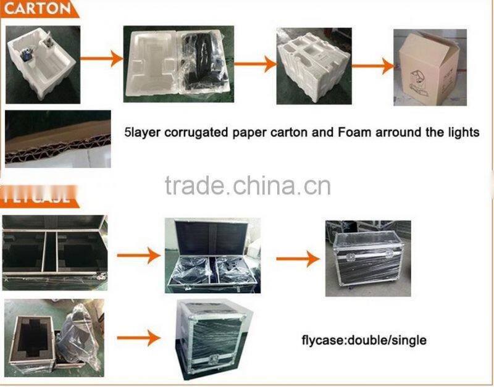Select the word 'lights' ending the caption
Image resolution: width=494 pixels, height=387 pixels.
pyautogui.click(x=463, y=131)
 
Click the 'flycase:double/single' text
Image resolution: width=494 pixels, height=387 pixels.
pyautogui.click(x=364, y=339)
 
